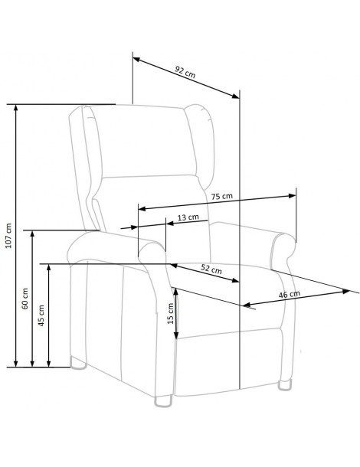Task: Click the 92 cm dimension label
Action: [x=185, y=73]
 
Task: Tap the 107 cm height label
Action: [x=8, y=236]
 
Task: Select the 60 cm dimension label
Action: [x=25, y=298]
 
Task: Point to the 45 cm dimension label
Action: [x=41, y=315]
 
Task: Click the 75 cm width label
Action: [x=221, y=196]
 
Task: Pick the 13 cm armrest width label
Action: [x=188, y=217]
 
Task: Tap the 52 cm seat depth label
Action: [x=211, y=269]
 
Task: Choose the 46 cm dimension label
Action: [x=290, y=294]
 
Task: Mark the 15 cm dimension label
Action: [x=171, y=313]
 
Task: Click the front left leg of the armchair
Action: [x=163, y=400]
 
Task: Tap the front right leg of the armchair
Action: [x=286, y=384]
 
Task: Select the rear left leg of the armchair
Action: [x=78, y=363]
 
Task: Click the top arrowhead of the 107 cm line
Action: [x=16, y=108]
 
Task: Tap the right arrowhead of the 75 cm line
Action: [x=292, y=196]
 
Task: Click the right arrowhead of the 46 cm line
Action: [x=345, y=291]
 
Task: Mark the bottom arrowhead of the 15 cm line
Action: [x=176, y=335]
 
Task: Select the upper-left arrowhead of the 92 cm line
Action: [x=136, y=59]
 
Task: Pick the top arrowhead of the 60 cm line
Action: [x=32, y=234]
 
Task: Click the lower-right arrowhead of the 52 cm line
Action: [x=235, y=280]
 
